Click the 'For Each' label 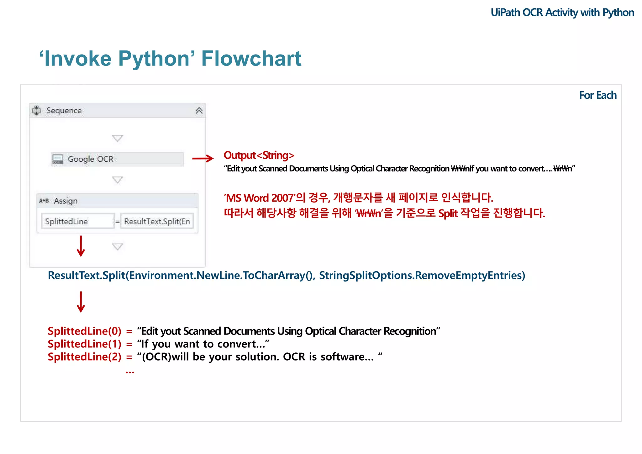click(597, 95)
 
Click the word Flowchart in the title click(251, 59)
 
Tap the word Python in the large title click(154, 59)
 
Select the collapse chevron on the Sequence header click(199, 111)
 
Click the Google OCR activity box click(117, 159)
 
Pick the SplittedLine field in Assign click(77, 221)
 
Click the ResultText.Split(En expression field click(157, 221)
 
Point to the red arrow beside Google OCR click(203, 158)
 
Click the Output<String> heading click(259, 155)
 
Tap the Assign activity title click(66, 201)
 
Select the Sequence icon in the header click(37, 110)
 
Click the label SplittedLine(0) click(84, 331)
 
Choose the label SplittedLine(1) click(84, 344)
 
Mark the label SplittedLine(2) click(84, 357)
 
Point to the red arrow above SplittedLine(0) click(81, 302)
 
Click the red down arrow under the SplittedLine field click(81, 246)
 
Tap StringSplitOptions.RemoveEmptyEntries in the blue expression click(422, 275)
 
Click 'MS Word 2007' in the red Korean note click(260, 198)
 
